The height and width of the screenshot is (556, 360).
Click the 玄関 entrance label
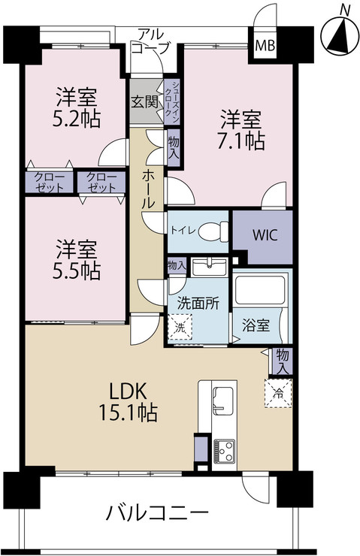[144, 101]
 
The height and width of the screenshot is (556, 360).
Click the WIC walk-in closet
[263, 234]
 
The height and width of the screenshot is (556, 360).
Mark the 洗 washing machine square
[180, 327]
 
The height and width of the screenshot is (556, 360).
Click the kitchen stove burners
[225, 449]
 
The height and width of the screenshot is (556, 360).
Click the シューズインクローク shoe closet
[171, 95]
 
